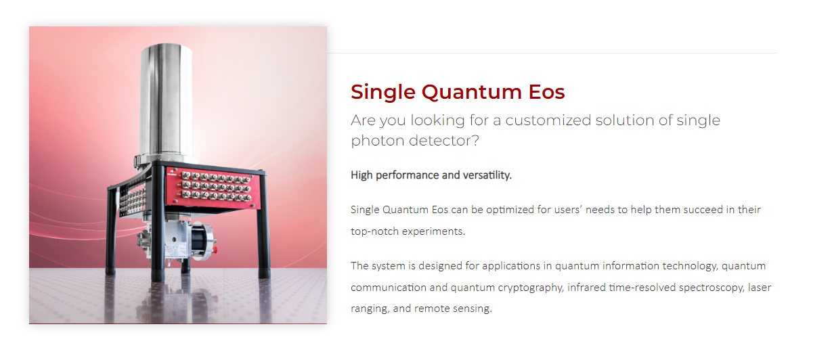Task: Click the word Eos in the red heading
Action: coord(546,91)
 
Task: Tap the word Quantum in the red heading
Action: coord(472,93)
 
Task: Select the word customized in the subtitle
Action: coord(548,120)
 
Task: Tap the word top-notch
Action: coord(375,231)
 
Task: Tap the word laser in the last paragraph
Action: coord(760,288)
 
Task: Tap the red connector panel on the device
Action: coord(213,187)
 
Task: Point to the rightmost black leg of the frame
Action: coord(263,227)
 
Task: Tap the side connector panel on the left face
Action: coord(132,200)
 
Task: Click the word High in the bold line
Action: coord(362,175)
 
